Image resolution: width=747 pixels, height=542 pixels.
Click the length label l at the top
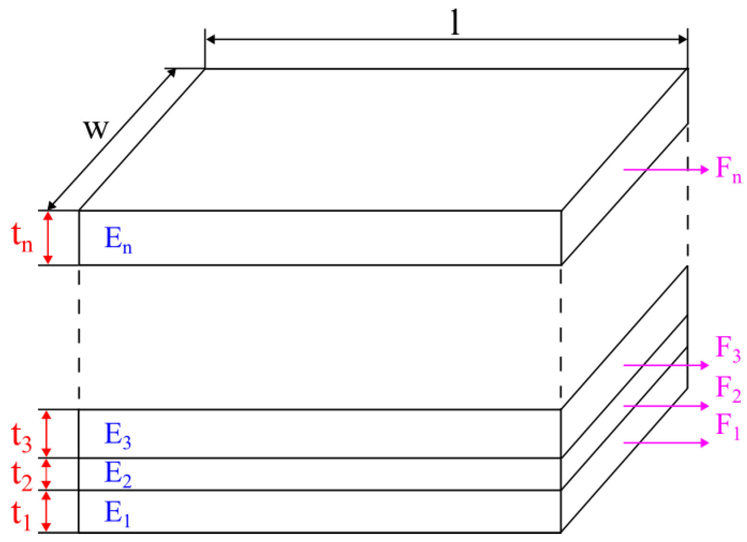pos(456,23)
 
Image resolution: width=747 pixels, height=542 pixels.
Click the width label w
pos(96,129)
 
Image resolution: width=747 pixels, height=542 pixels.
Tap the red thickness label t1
pos(21,516)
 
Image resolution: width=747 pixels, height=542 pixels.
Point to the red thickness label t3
pos(21,438)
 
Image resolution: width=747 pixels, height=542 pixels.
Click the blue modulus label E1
pos(117,514)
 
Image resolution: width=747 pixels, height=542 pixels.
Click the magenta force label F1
pos(728,426)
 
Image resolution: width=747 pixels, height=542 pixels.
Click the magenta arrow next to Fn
pos(666,169)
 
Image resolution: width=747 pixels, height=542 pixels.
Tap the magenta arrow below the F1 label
pos(666,443)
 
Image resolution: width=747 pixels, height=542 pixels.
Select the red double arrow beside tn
pos(48,237)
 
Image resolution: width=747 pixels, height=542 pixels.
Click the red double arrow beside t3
pos(46,433)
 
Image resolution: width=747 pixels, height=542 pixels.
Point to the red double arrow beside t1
pos(46,511)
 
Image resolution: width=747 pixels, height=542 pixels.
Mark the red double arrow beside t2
pos(46,474)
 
